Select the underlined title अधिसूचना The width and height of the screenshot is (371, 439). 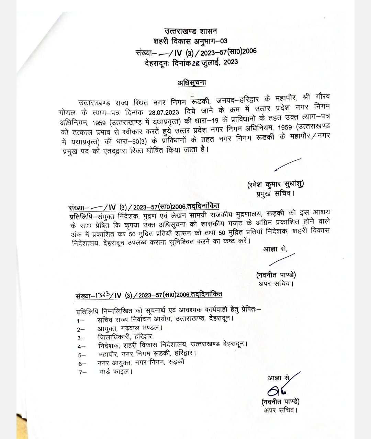pyautogui.click(x=192, y=83)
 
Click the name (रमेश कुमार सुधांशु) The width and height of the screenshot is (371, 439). pyautogui.click(x=275, y=184)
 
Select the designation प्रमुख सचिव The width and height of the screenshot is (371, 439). pyautogui.click(x=275, y=193)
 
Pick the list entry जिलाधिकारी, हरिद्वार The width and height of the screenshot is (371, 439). pyautogui.click(x=125, y=337)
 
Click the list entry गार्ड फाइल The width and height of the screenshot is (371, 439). pyautogui.click(x=115, y=371)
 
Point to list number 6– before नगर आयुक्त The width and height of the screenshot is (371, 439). pyautogui.click(x=82, y=363)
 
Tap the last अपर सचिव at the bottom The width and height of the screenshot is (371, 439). pyautogui.click(x=280, y=410)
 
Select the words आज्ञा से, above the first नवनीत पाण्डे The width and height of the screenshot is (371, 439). pyautogui.click(x=275, y=249)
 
